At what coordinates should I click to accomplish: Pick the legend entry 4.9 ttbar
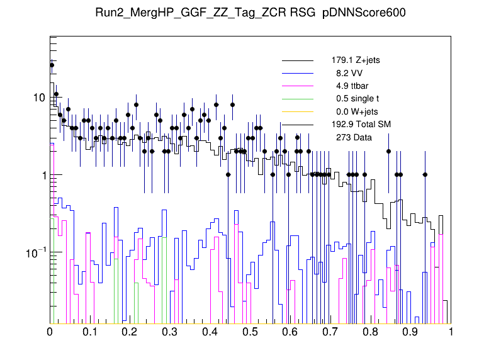tap(352, 86)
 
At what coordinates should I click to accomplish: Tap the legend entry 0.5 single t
tap(357, 99)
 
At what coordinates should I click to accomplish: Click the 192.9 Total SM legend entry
tap(361, 124)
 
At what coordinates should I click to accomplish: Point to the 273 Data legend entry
tap(353, 137)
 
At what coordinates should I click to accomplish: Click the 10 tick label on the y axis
tap(39, 98)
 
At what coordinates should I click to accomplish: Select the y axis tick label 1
tap(42, 175)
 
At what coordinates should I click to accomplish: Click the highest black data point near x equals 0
tap(52, 65)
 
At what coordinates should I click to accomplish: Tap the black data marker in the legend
tap(298, 137)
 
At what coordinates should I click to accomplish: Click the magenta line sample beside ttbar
tap(298, 86)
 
